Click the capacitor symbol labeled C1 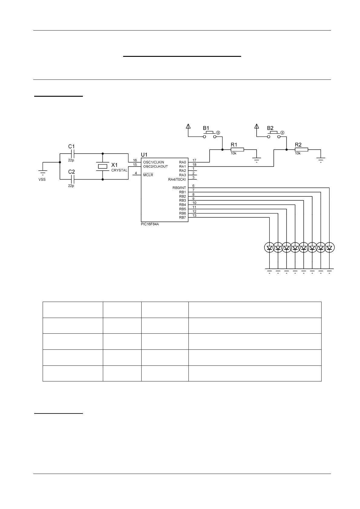click(72, 154)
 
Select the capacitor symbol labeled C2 click(72, 179)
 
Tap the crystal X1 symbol click(103, 166)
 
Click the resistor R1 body click(237, 149)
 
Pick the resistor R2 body click(301, 149)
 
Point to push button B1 click(210, 135)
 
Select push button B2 click(274, 135)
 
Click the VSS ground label click(42, 179)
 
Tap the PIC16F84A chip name click(150, 224)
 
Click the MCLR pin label click(148, 175)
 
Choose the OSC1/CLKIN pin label click(154, 162)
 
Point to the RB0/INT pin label click(179, 188)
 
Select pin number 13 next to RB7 click(194, 216)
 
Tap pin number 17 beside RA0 click(194, 160)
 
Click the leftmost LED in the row click(269, 248)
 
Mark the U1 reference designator click(144, 155)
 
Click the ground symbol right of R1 click(257, 159)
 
